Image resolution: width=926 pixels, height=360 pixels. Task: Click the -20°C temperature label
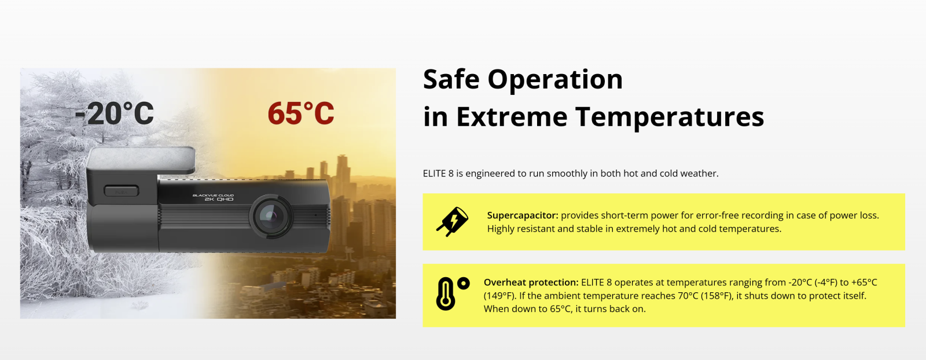pyautogui.click(x=115, y=113)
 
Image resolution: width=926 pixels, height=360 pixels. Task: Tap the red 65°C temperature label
pyautogui.click(x=301, y=113)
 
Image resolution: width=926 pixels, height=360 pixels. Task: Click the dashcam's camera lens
pyautogui.click(x=271, y=215)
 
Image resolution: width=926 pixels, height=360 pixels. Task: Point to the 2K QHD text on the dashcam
pyautogui.click(x=219, y=199)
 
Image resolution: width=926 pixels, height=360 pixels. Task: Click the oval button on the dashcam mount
pyautogui.click(x=121, y=191)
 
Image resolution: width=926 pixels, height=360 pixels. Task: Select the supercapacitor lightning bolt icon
pyautogui.click(x=452, y=222)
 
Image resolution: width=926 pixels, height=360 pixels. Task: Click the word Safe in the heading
pyautogui.click(x=451, y=79)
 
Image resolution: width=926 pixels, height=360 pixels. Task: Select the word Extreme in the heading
pyautogui.click(x=512, y=117)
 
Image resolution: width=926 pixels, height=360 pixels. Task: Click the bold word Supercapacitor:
pyautogui.click(x=523, y=215)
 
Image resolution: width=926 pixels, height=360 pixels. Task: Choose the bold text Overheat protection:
pyautogui.click(x=531, y=282)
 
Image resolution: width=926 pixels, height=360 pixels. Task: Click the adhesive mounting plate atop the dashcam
pyautogui.click(x=141, y=160)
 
